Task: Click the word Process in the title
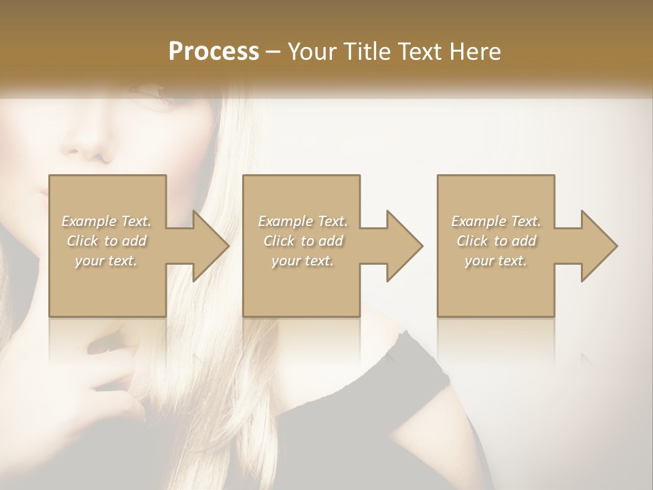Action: click(x=214, y=51)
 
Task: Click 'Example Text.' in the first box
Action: click(x=107, y=221)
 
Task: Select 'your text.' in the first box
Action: click(x=107, y=261)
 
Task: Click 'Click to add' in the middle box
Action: click(x=303, y=241)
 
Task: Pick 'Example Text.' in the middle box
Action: click(x=303, y=221)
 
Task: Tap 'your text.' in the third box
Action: click(x=496, y=261)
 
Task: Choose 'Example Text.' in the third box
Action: click(x=496, y=221)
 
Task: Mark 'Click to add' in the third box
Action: click(x=496, y=241)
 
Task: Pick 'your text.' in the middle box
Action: click(x=303, y=261)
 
